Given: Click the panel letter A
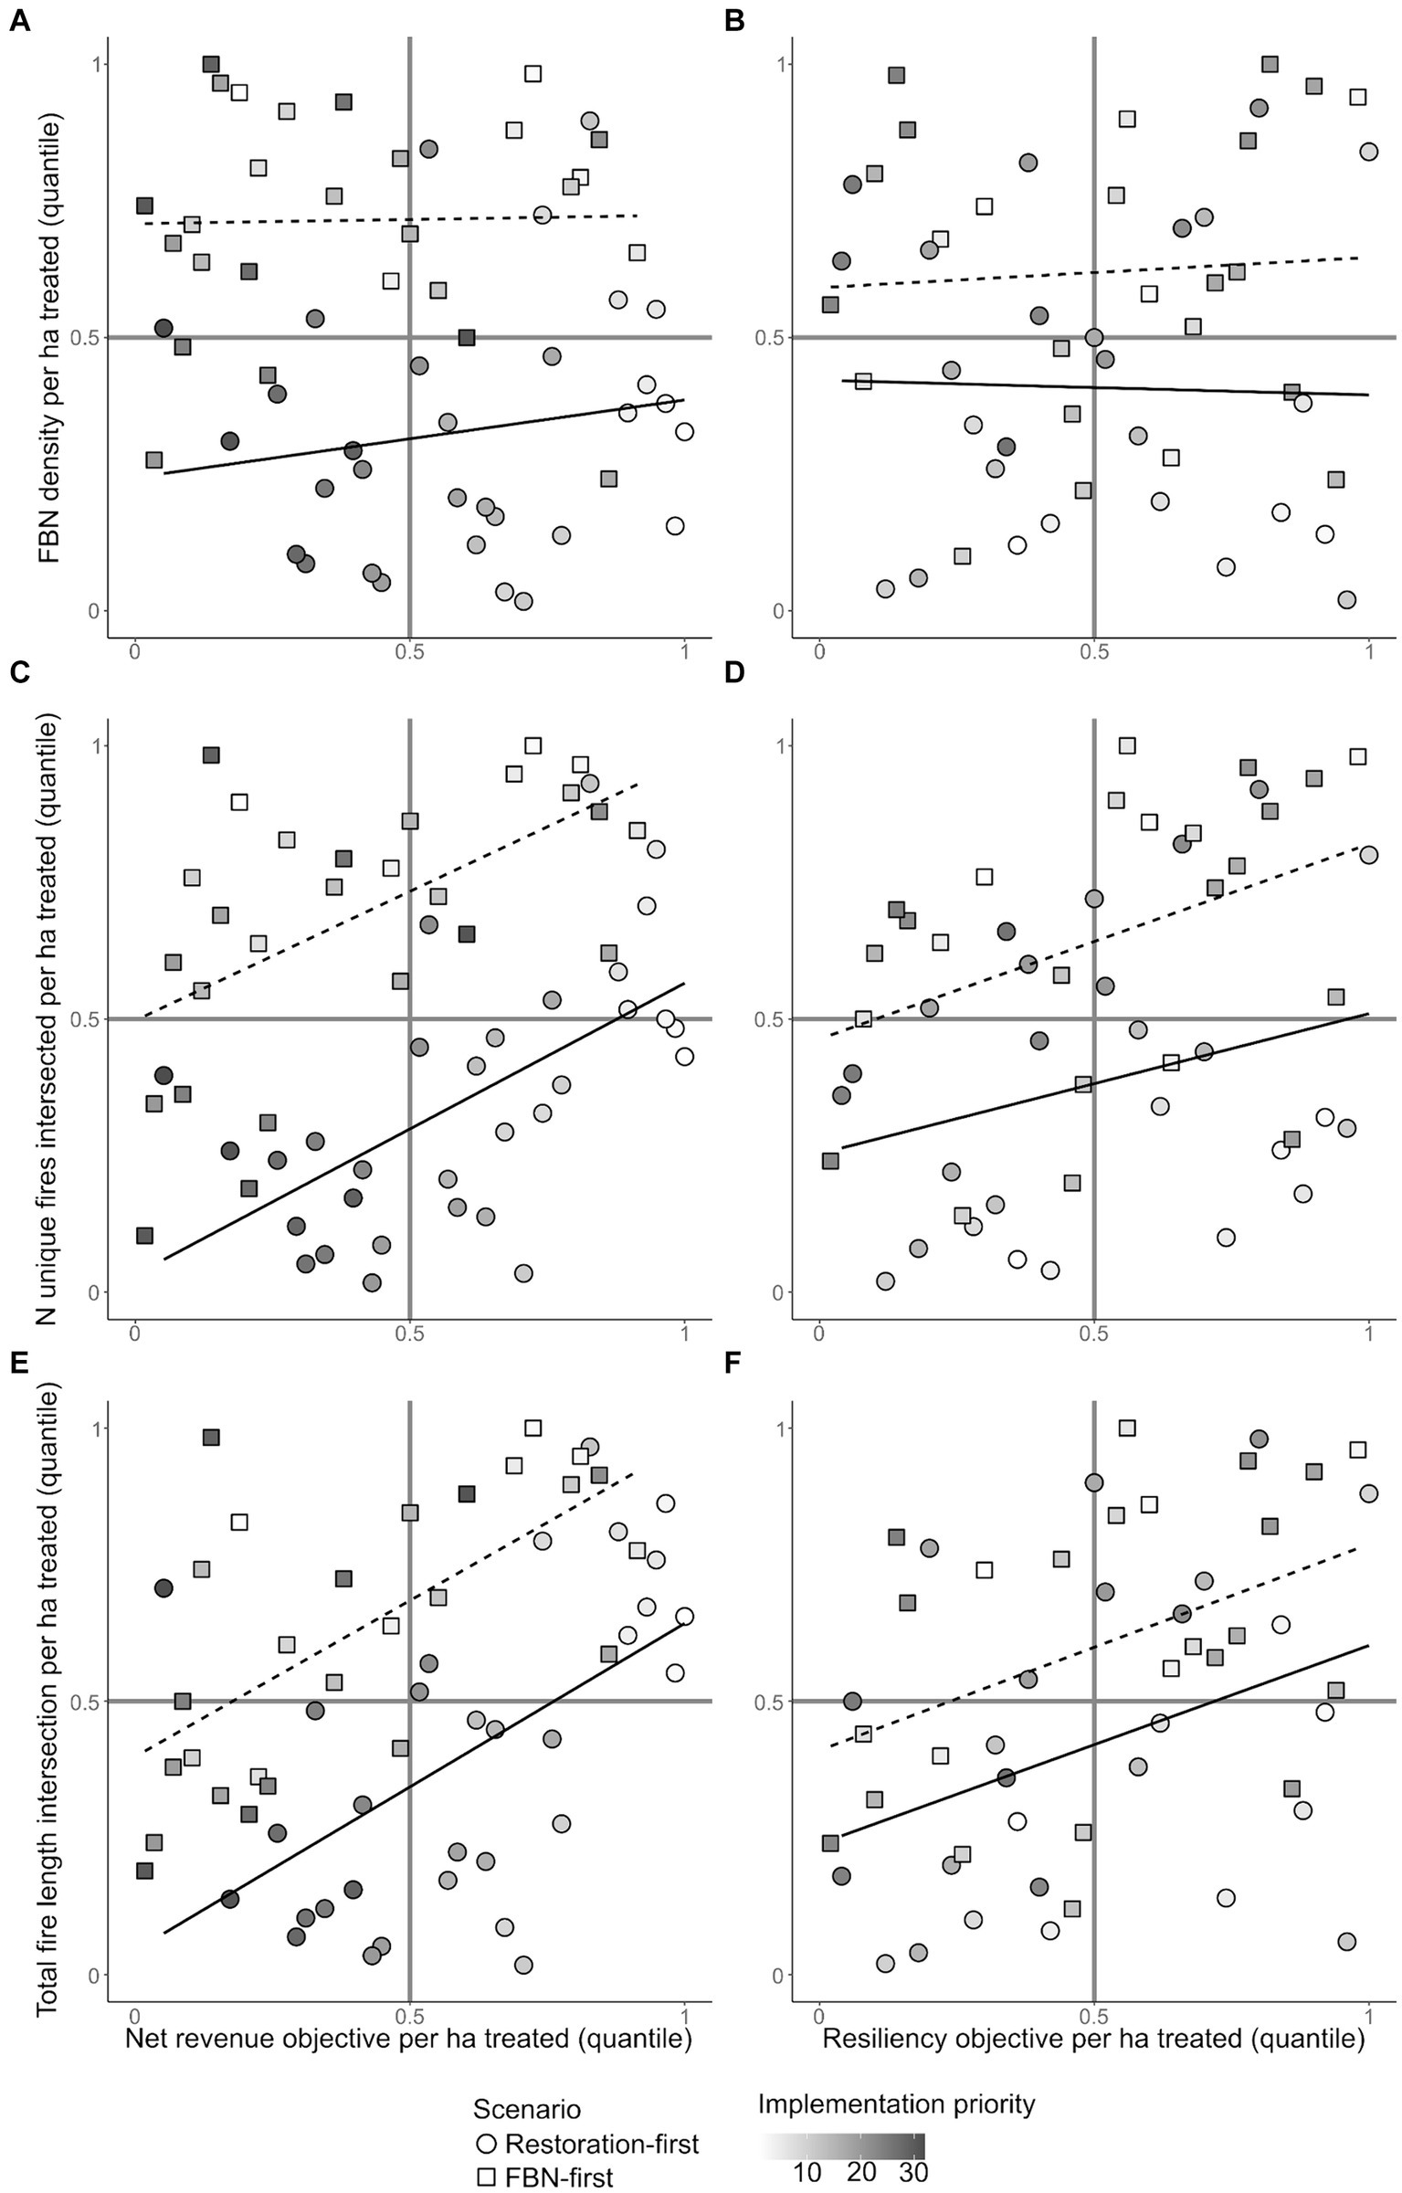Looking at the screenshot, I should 18,21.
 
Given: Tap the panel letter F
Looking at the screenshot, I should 733,1362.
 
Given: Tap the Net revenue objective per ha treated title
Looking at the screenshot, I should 407,2038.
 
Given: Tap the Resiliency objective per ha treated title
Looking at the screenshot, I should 1093,2038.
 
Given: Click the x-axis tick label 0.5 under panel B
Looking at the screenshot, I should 1093,653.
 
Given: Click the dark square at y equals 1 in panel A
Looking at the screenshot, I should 211,64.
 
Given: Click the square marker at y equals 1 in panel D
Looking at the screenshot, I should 1127,745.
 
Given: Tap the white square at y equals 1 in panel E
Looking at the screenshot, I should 532,1428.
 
